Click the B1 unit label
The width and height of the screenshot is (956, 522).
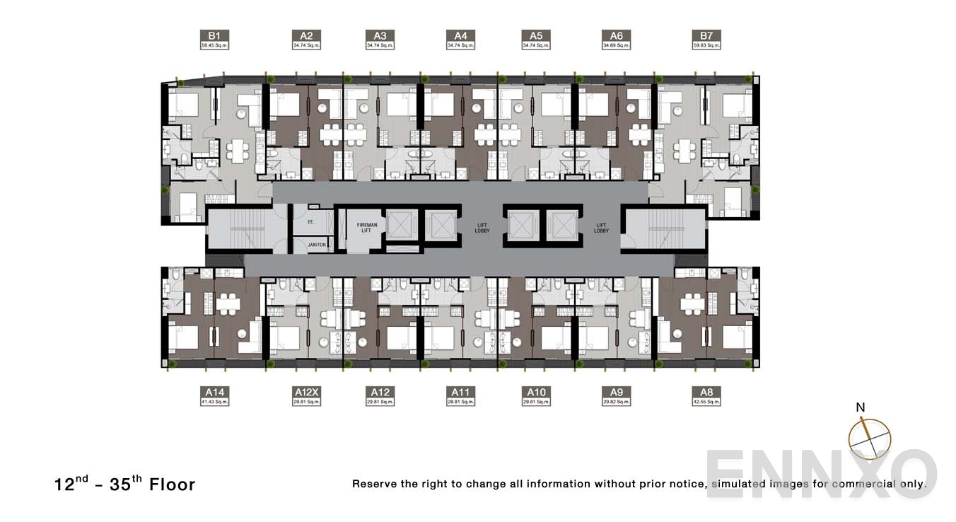tap(214, 36)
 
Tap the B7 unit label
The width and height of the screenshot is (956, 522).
tap(706, 36)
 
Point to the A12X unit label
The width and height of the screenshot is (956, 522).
tap(307, 392)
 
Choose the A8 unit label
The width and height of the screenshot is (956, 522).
tap(706, 392)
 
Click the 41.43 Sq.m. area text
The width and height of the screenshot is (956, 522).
tap(214, 402)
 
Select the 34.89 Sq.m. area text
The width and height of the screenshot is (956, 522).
tap(616, 46)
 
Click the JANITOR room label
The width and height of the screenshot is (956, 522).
tap(317, 245)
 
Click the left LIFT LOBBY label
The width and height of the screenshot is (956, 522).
tap(482, 227)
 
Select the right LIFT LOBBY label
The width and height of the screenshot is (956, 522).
tap(601, 227)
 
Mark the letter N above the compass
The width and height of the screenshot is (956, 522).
tap(861, 407)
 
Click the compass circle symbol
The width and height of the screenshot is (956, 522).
tap(869, 439)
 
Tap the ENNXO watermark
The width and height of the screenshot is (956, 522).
tap(820, 473)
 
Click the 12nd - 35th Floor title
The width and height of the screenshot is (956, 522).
tap(124, 484)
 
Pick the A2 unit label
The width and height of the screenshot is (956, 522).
tap(306, 36)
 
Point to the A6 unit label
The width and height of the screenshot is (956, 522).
tap(616, 36)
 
